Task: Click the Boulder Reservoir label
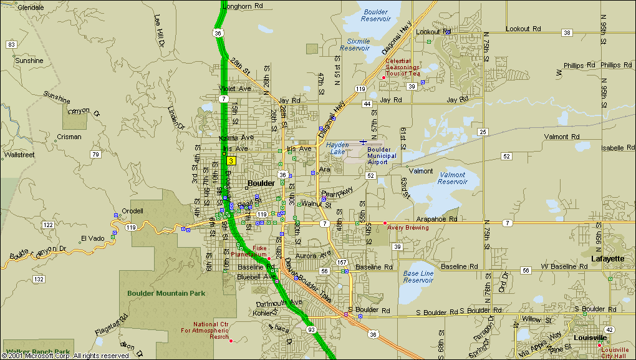click(x=376, y=15)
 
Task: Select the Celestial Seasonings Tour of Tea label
click(x=403, y=67)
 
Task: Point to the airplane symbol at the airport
click(x=363, y=142)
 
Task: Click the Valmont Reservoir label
click(x=453, y=178)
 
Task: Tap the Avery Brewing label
click(x=408, y=228)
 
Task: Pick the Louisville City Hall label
click(x=615, y=353)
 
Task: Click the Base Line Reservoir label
click(x=418, y=276)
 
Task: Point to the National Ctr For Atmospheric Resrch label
click(x=211, y=330)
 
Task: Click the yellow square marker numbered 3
click(x=231, y=160)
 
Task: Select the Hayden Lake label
click(x=337, y=148)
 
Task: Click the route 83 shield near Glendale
click(x=11, y=44)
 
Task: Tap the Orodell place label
click(x=132, y=211)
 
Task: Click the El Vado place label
click(x=92, y=238)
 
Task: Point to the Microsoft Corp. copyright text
click(x=65, y=356)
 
